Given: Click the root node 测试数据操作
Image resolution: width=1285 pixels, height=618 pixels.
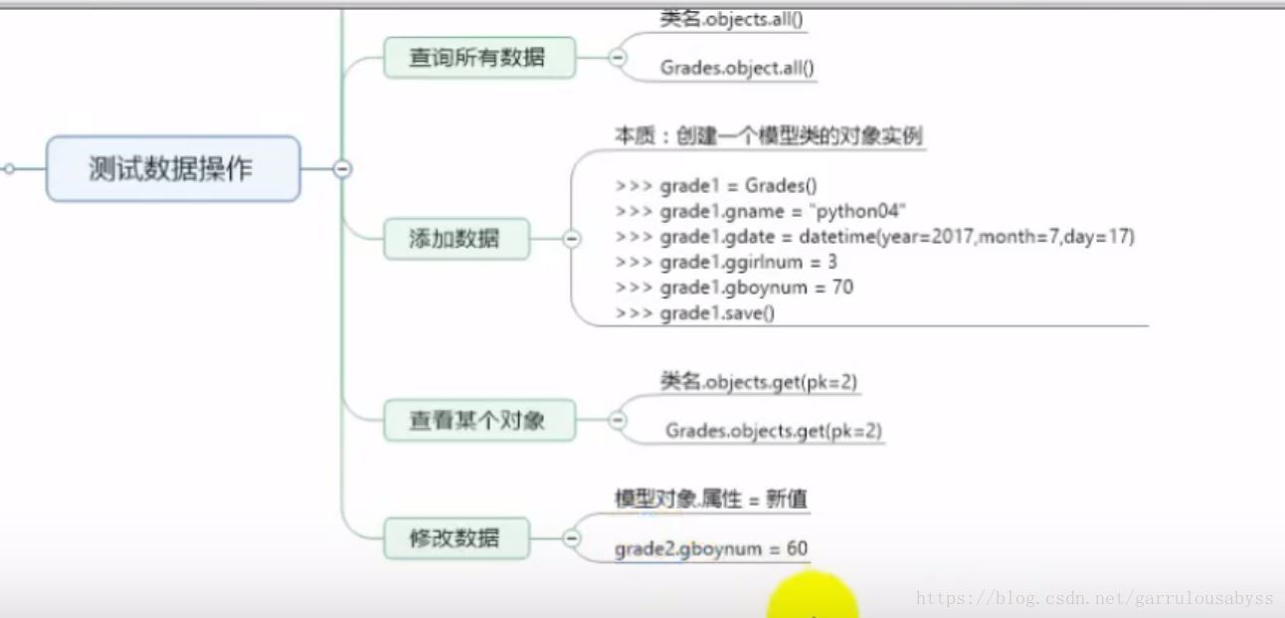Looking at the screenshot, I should click(x=172, y=169).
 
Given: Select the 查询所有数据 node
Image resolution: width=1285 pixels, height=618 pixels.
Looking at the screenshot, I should click(x=478, y=58).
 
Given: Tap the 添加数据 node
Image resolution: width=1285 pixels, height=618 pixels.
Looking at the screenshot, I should click(x=455, y=239).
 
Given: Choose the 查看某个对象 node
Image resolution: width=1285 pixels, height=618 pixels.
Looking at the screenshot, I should click(x=478, y=420).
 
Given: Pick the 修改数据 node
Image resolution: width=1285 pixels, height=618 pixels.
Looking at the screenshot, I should click(x=455, y=538).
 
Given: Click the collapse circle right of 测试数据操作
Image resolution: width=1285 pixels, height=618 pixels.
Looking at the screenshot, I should click(x=342, y=169).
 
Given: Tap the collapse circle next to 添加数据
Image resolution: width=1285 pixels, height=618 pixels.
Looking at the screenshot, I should click(x=572, y=239).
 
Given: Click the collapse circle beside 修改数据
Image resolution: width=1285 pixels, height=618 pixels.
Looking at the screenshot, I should click(x=572, y=538).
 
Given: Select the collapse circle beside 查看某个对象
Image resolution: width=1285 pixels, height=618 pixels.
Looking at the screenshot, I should click(x=617, y=420).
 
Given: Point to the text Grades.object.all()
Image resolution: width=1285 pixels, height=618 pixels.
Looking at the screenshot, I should click(x=737, y=69).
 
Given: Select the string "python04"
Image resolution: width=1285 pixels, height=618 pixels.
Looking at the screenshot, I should click(x=858, y=211).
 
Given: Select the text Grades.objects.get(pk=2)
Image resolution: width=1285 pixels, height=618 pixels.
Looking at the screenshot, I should click(x=774, y=431).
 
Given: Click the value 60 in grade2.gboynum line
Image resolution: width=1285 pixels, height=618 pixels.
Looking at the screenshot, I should click(x=797, y=549).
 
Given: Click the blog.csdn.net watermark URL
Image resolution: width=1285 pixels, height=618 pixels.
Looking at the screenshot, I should click(x=1094, y=599).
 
